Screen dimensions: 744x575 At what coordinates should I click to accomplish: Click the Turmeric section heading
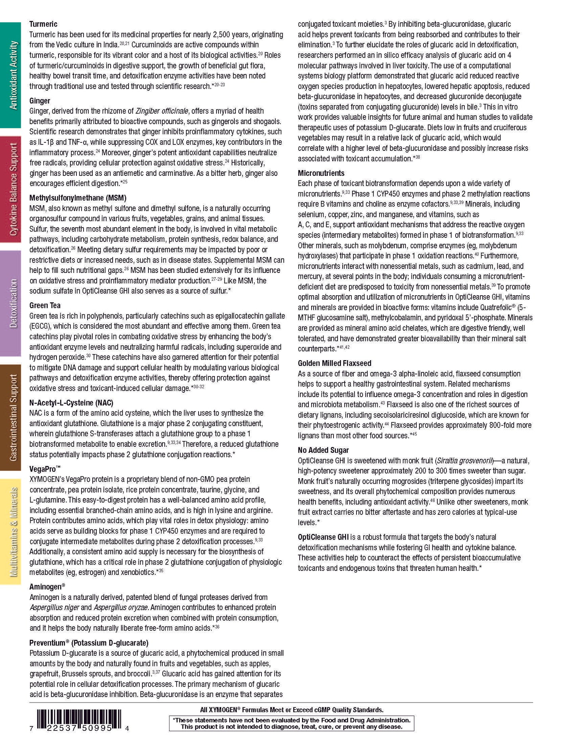pos(43,24)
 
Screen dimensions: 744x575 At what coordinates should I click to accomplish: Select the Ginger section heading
pos(40,101)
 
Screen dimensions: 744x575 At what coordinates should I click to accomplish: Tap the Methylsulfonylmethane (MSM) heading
pos(78,198)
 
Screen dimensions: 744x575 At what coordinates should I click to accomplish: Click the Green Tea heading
pos(45,306)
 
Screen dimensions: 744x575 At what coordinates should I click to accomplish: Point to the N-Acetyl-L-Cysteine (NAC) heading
pos(71,403)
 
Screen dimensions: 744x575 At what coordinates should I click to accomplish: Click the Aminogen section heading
pos(47,587)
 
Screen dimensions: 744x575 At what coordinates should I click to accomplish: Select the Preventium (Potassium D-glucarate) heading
pos(89,643)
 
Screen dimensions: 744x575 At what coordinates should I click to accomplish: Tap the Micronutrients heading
pos(321,173)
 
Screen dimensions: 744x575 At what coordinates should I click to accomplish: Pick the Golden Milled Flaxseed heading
pos(334,363)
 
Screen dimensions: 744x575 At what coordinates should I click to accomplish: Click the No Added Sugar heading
pos(323,450)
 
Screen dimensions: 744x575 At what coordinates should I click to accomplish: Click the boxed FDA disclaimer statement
pos(291,723)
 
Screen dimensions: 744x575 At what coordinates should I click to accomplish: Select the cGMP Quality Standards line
pos(291,710)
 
